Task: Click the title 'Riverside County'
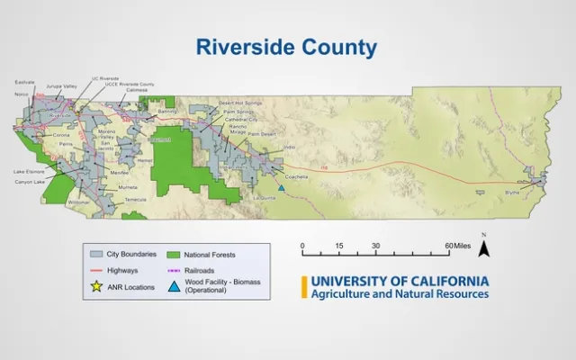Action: coord(288,47)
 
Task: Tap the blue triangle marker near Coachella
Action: coord(282,187)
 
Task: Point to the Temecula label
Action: coord(135,199)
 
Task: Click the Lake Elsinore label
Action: coord(29,171)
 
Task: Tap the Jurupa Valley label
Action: coord(61,86)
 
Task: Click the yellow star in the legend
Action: coord(94,286)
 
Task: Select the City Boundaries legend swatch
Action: coord(94,255)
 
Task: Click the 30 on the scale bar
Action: coord(375,246)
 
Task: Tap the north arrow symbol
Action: coord(483,247)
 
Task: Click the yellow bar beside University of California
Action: coord(304,287)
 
